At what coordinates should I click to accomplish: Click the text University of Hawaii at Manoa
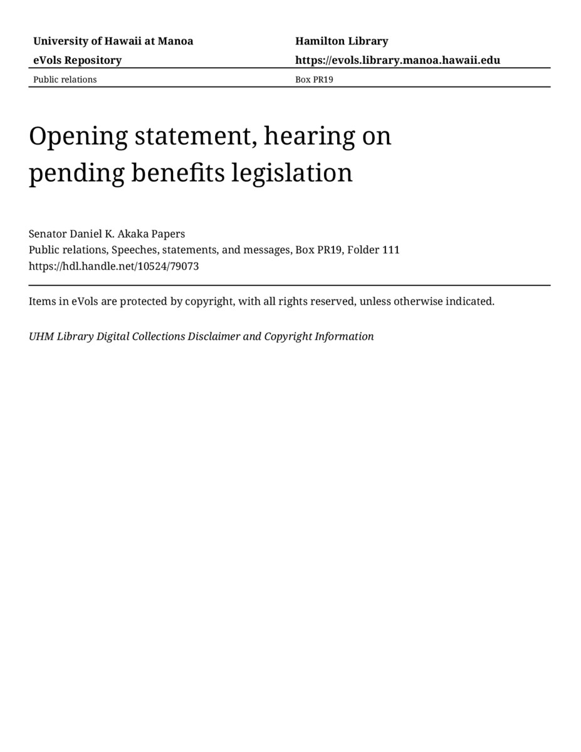click(113, 41)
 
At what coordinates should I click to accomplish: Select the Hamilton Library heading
click(342, 41)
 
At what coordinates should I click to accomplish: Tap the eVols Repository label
click(77, 60)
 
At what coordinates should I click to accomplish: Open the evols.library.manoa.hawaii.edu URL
click(397, 60)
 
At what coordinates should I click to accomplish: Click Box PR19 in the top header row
click(314, 80)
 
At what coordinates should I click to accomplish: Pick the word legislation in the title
click(292, 173)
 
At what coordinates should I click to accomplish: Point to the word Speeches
click(134, 250)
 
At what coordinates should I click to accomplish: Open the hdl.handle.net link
click(113, 266)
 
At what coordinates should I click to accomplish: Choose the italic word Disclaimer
click(214, 337)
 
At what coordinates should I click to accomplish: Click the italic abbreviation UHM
click(41, 337)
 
